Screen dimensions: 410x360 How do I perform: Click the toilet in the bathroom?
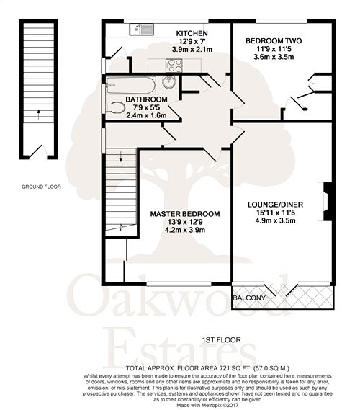click(x=114, y=107)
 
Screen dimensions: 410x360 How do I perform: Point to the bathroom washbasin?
click(x=171, y=82)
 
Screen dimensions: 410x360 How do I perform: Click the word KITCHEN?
click(x=193, y=34)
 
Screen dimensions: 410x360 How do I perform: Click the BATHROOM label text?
click(x=146, y=99)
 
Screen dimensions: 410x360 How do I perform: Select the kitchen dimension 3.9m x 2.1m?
click(x=193, y=51)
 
